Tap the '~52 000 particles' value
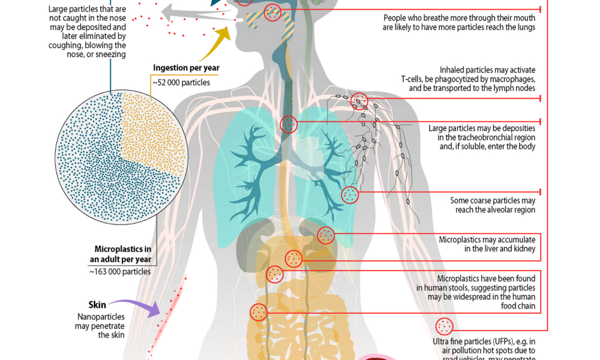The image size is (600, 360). [179, 82]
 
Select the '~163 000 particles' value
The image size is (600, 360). [120, 271]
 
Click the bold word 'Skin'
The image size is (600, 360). [97, 305]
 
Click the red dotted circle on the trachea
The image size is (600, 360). [289, 124]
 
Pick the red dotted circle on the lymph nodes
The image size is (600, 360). [359, 101]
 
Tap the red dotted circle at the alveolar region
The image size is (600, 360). [350, 194]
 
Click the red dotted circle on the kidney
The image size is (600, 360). [326, 235]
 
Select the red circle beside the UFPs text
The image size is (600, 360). [445, 326]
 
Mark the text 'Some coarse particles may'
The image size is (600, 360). [493, 200]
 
